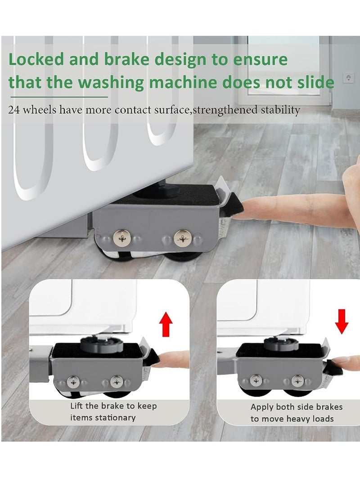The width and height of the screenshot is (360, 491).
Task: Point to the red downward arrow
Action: click(x=342, y=321)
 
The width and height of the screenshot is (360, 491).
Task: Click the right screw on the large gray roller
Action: click(x=182, y=237)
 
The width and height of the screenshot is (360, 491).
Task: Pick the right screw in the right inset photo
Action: click(x=297, y=381)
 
